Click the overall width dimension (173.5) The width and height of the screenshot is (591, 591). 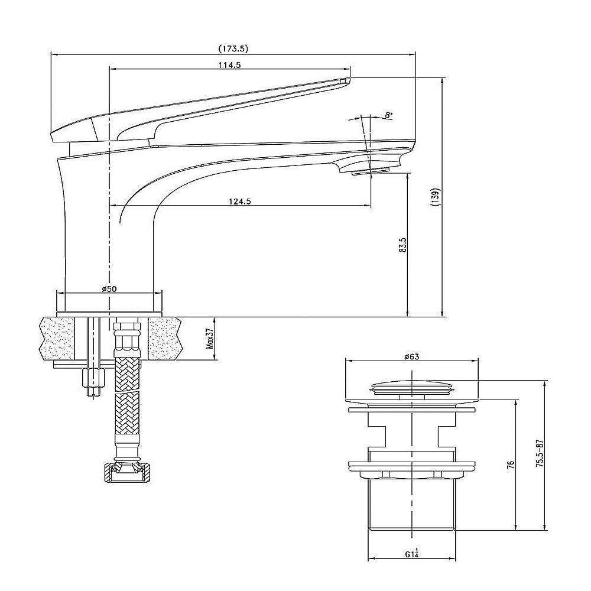(233, 48)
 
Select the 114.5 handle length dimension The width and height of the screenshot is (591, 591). (229, 64)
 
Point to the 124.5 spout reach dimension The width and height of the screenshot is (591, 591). (240, 202)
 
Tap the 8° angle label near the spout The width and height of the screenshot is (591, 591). (389, 115)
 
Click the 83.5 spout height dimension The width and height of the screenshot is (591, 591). (403, 245)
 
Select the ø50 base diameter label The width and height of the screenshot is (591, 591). (109, 289)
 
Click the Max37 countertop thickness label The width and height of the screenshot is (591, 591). (210, 339)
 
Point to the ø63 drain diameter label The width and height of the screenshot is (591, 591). (411, 356)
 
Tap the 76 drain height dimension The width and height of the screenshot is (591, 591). (511, 464)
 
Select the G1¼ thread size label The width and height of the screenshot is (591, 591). (412, 553)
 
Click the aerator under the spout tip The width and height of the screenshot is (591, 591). (370, 172)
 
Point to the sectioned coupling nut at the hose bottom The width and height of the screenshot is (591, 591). (127, 473)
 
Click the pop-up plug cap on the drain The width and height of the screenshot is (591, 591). (411, 388)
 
